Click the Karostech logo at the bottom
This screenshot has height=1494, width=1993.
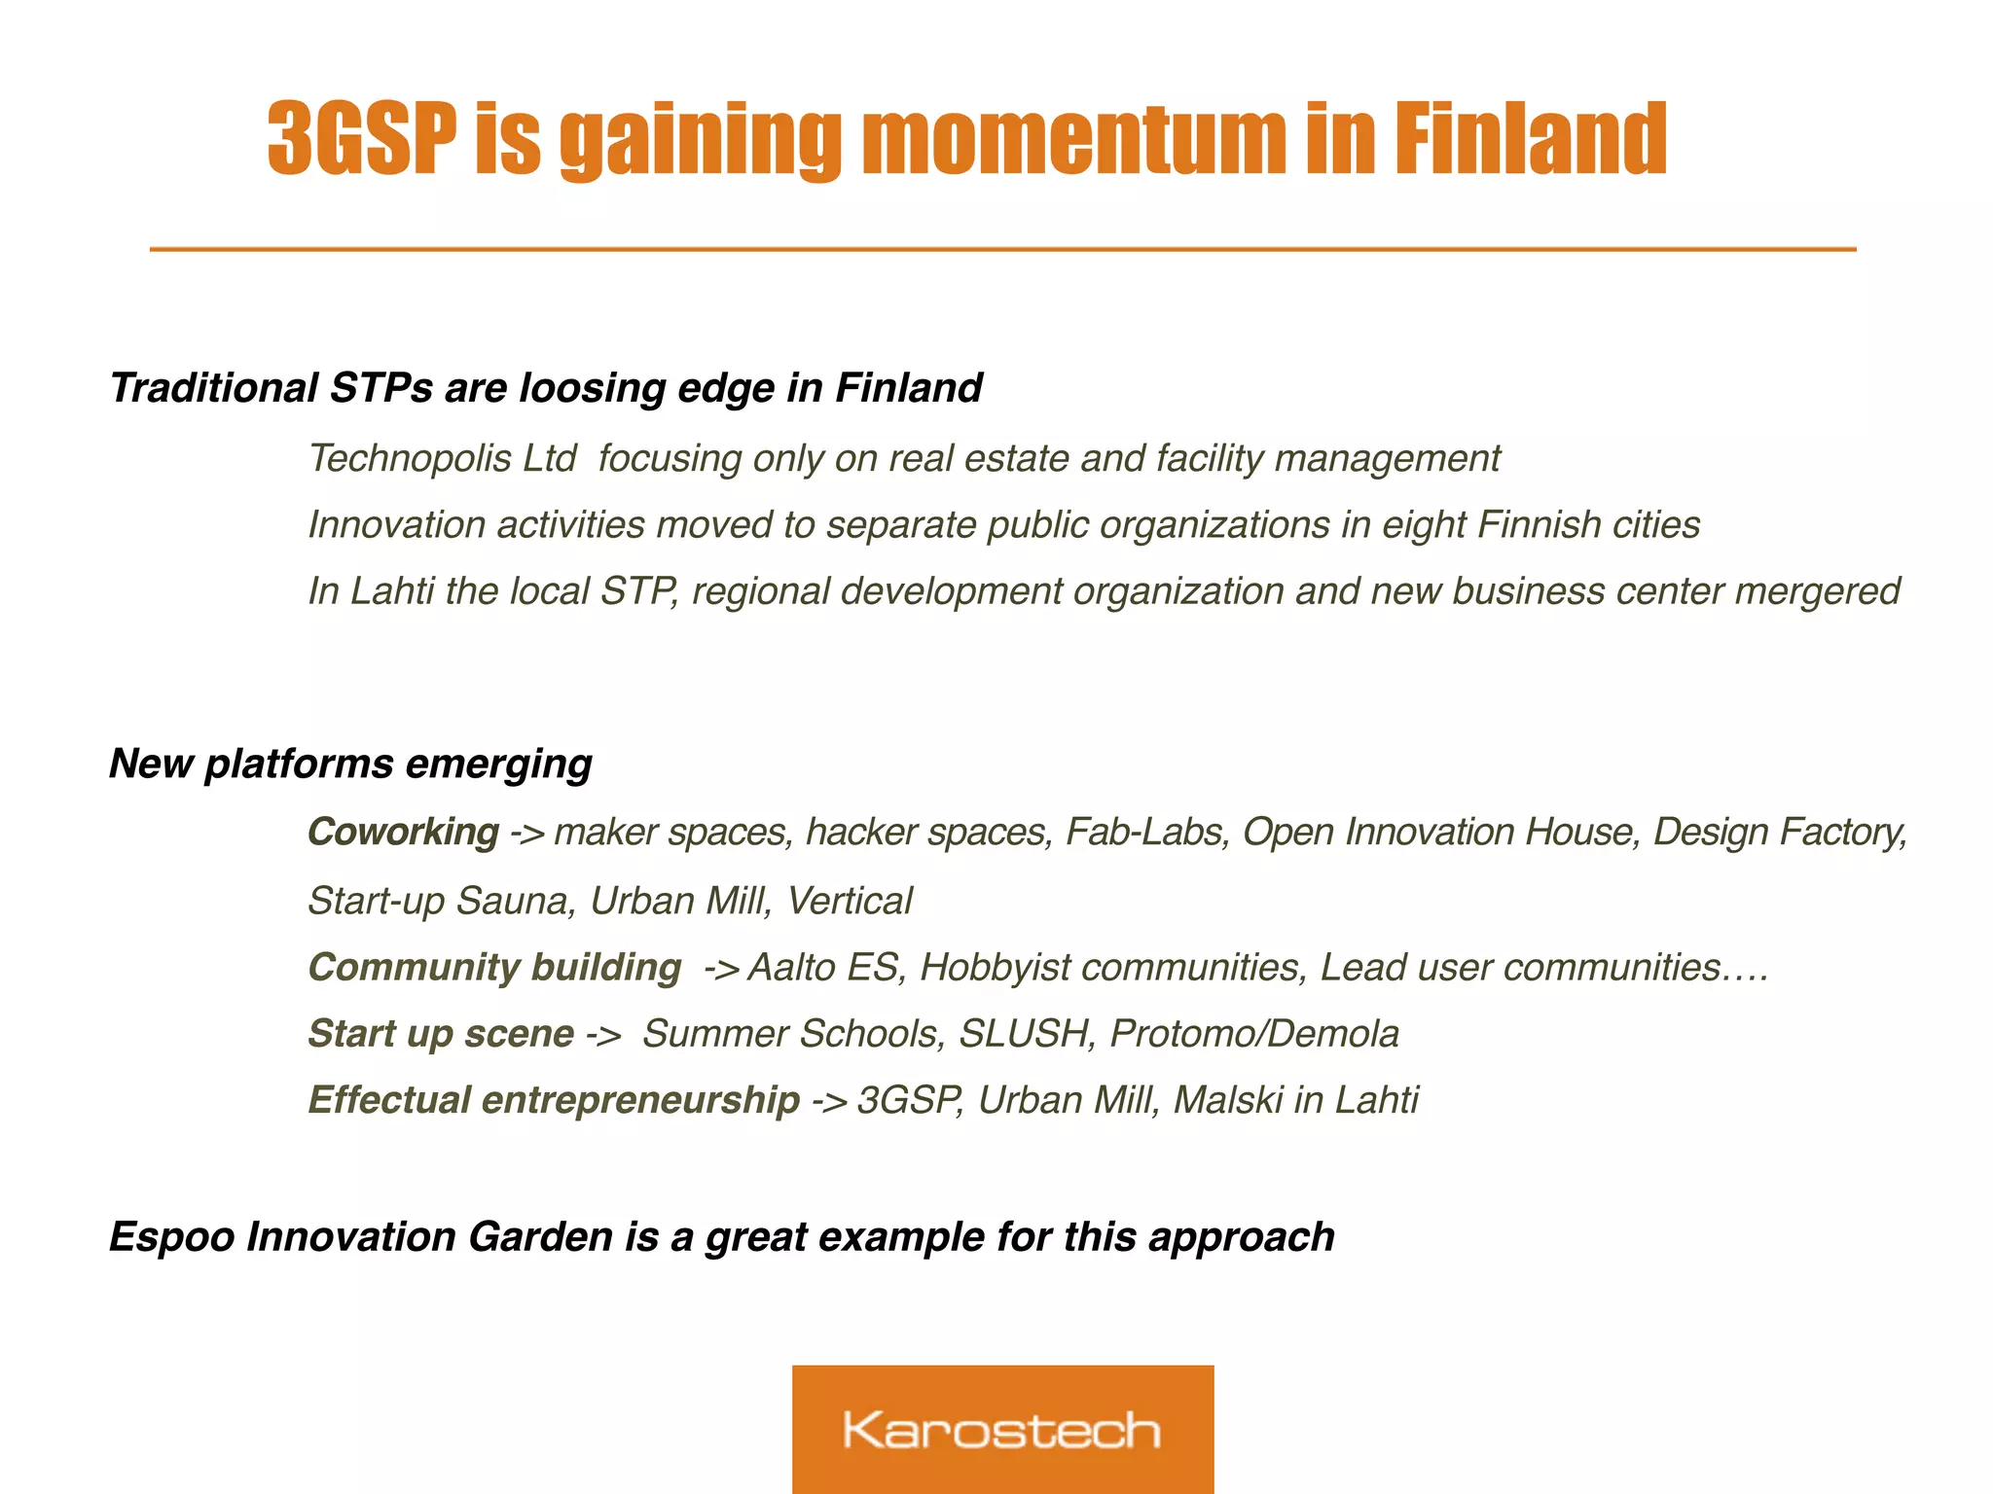coord(1002,1429)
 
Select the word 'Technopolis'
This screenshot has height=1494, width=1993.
coord(409,458)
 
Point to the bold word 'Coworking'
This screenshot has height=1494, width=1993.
coord(403,833)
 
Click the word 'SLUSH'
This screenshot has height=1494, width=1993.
coord(1023,1034)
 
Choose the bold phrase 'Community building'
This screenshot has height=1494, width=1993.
coord(494,968)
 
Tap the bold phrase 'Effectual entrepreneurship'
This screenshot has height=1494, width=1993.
coord(553,1100)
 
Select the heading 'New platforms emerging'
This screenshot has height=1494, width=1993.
coord(350,764)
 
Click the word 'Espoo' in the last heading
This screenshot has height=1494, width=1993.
coord(171,1237)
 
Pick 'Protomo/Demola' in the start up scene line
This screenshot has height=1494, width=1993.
coord(1253,1034)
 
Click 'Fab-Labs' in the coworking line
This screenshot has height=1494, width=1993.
coord(1145,833)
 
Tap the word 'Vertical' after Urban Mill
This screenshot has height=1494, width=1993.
coord(849,902)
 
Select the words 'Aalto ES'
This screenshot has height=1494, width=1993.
coord(823,968)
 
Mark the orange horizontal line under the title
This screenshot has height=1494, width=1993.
coord(1002,250)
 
